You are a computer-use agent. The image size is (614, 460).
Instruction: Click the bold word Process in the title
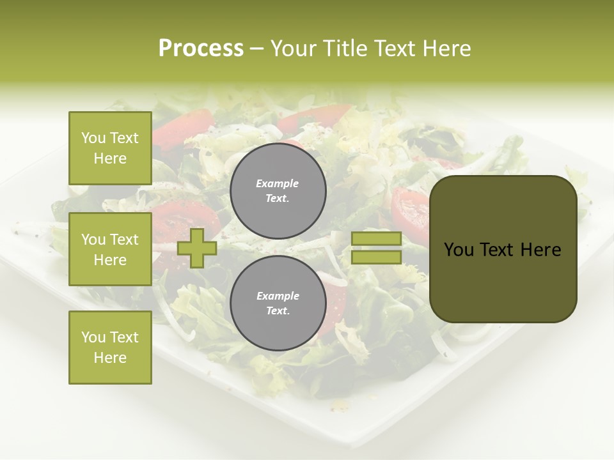tap(201, 48)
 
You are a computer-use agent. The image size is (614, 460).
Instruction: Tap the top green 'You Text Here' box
tap(110, 148)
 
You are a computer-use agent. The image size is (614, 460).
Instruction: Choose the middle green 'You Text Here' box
tap(110, 249)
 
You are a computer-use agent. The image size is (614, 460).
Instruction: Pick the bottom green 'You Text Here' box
tap(110, 348)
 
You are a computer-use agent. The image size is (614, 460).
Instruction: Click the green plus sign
tap(197, 248)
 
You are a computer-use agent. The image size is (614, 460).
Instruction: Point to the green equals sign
tap(376, 248)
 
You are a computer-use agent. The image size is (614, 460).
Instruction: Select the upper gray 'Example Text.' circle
tap(278, 190)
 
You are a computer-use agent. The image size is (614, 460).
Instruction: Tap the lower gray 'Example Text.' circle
tap(278, 303)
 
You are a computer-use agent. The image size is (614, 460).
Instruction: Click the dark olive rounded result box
tap(503, 249)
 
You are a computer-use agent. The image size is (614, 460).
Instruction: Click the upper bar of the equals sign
tap(376, 239)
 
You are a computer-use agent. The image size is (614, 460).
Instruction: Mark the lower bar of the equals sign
tap(376, 257)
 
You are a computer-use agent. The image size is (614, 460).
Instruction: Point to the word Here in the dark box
tap(540, 250)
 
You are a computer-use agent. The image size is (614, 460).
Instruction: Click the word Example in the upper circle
tap(278, 183)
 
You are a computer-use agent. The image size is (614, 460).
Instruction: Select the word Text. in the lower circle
tap(278, 311)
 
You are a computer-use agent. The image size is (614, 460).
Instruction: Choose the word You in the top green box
tap(93, 138)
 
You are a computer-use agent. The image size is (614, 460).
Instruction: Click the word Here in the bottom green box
tap(110, 358)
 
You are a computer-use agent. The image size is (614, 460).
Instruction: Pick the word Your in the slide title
tap(294, 49)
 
